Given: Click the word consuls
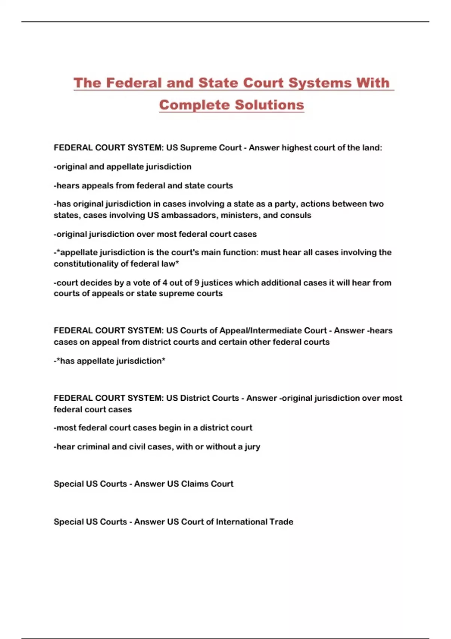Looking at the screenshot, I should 298,215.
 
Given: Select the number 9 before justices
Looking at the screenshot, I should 197,283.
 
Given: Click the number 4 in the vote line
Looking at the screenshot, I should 165,283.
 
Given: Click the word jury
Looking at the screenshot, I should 252,447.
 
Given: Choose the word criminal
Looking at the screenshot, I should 93,447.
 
